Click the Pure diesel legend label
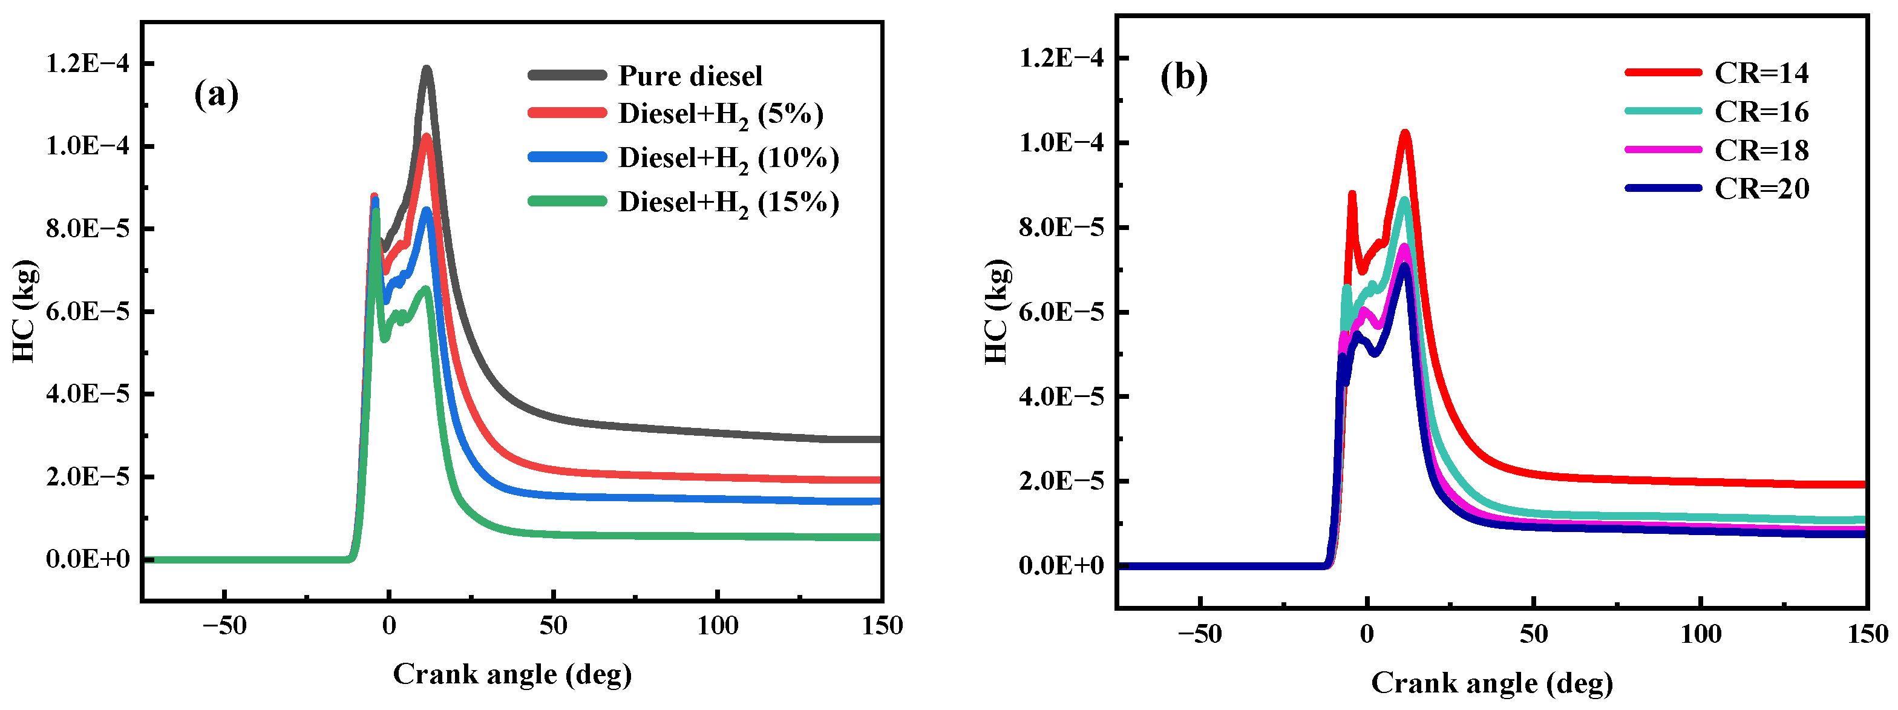pos(690,76)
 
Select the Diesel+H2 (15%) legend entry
pos(728,202)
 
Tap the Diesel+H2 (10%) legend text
pos(728,158)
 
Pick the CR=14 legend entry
pos(1761,73)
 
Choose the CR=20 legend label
pos(1761,189)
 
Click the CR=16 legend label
pos(1761,112)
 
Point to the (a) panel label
pos(216,94)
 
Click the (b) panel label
pos(1183,77)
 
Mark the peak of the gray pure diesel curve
pos(426,68)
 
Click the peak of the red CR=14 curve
pos(1405,133)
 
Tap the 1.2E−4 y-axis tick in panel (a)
pos(87,64)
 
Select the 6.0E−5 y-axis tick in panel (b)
pos(1061,312)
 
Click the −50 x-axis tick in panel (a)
pos(224,626)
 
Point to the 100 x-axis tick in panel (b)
pos(1701,634)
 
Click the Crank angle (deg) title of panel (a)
pos(512,674)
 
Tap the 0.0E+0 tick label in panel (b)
pos(1061,565)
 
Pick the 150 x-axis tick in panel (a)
pos(882,626)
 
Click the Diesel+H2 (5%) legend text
pos(720,114)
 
